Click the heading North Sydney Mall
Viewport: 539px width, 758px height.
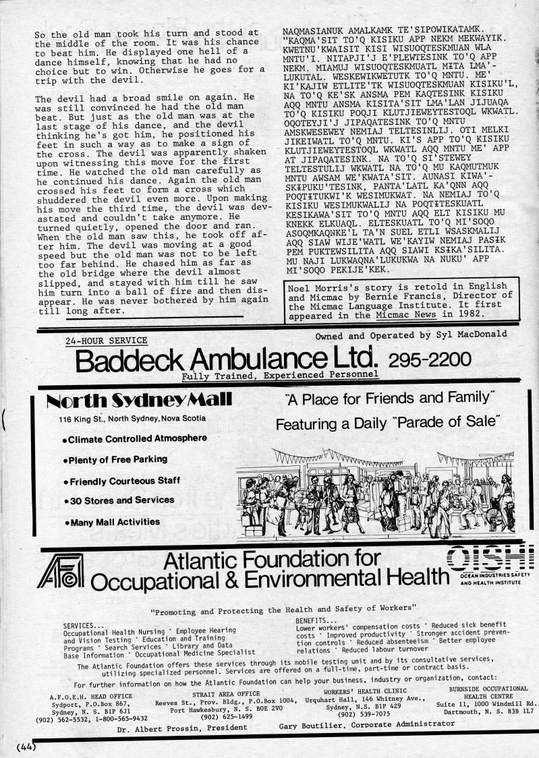tap(138, 401)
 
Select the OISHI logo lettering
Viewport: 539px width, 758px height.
tap(488, 557)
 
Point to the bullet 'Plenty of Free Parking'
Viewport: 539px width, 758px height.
tap(116, 460)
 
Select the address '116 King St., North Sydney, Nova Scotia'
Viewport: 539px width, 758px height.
tap(132, 419)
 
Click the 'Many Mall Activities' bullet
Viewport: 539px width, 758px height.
tap(113, 522)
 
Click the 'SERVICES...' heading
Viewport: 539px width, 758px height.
tap(84, 625)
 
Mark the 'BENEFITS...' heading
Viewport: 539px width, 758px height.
tap(316, 620)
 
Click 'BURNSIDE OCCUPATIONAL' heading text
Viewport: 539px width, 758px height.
tap(488, 689)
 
